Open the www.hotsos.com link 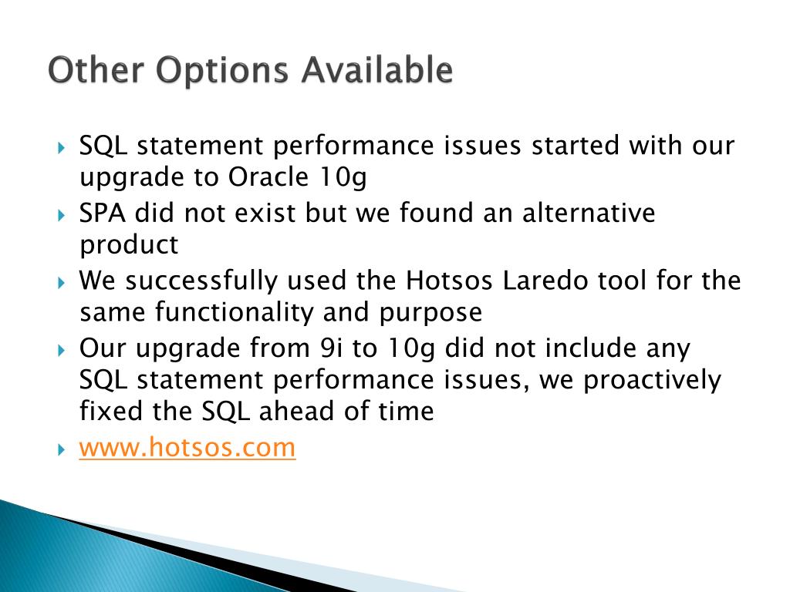coord(187,448)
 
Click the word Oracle coord(268,177)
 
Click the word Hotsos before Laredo coord(449,281)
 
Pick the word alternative coord(589,213)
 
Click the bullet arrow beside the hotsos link coord(62,449)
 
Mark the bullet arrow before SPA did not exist coord(62,216)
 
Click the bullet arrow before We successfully coord(62,283)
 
